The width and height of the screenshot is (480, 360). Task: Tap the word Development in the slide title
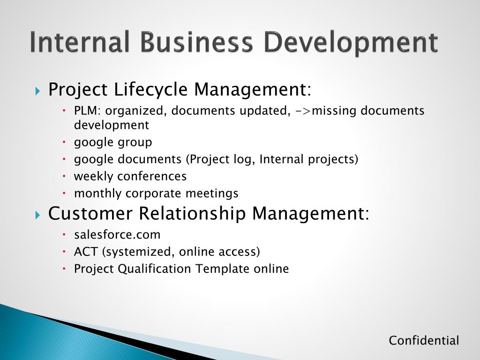coord(350,43)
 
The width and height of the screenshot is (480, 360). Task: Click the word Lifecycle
coord(151,89)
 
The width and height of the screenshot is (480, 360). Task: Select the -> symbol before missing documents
coord(303,111)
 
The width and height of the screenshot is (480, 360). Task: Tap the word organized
coord(135,112)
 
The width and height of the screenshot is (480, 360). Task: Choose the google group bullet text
coord(113,142)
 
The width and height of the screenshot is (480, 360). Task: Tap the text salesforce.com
coord(117,234)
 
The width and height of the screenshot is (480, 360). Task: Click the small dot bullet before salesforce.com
coord(65,234)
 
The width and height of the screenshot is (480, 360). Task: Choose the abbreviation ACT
coord(86,252)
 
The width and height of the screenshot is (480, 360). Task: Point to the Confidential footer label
coord(424,341)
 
